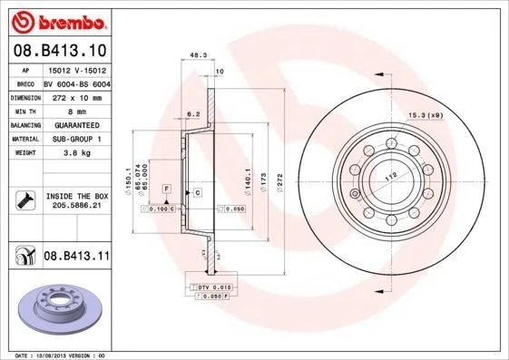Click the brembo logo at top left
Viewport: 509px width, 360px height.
click(x=58, y=19)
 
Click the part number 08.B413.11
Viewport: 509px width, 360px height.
click(x=76, y=257)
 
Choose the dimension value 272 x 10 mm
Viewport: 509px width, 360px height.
click(x=74, y=95)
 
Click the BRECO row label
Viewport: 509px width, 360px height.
click(x=24, y=82)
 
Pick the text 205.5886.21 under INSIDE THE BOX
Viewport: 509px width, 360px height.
click(x=75, y=205)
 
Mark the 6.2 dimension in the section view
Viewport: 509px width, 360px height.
click(x=192, y=114)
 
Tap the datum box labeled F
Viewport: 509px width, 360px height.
click(x=166, y=187)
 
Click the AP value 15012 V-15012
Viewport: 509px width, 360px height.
click(x=74, y=68)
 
